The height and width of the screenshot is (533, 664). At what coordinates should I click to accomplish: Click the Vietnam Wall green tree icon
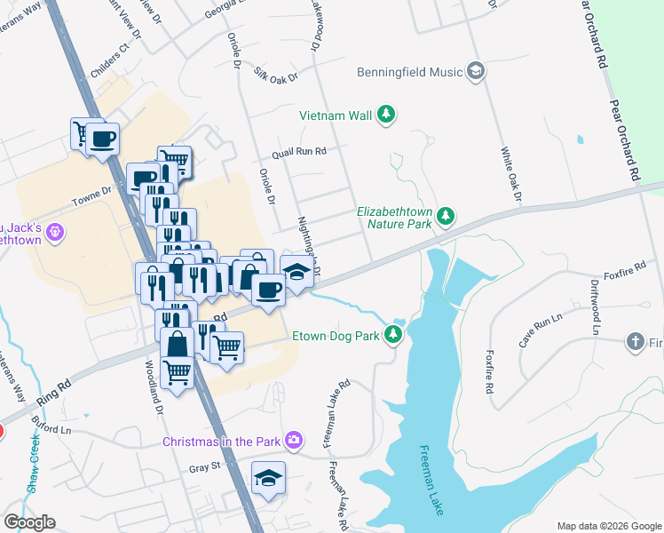click(x=386, y=114)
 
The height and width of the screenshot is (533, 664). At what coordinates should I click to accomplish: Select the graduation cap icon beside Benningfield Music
click(x=476, y=71)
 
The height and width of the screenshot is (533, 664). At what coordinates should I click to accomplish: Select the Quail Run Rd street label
click(x=299, y=152)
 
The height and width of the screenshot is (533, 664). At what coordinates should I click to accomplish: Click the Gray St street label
click(x=203, y=467)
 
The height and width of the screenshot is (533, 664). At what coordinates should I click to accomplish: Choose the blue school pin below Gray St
click(x=268, y=480)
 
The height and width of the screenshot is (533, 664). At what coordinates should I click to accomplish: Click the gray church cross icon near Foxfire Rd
click(x=635, y=341)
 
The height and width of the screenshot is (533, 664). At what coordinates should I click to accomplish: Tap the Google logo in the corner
click(x=28, y=522)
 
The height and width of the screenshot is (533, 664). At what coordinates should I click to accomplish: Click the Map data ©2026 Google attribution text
click(x=608, y=526)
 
